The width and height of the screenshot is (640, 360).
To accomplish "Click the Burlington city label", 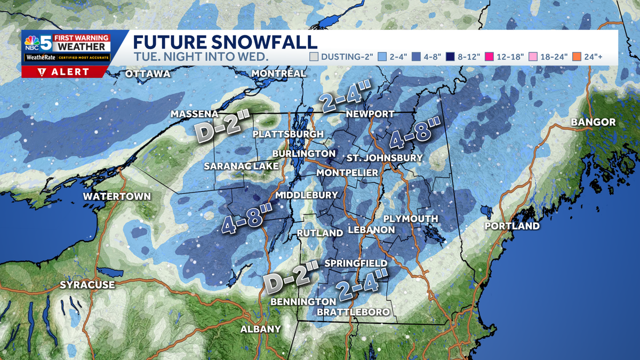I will [303, 154].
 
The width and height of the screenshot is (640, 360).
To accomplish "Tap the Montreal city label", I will [278, 73].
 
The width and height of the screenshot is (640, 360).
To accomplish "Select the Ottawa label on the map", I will [147, 74].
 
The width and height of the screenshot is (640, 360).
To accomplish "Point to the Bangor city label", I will [593, 122].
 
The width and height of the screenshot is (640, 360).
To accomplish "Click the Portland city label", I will [512, 226].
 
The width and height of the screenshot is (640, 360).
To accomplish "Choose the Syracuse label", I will [87, 285].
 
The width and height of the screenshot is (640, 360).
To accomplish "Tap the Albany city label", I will [260, 329].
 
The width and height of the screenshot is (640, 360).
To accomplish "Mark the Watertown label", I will [117, 197].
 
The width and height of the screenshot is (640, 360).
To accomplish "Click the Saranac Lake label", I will [241, 166].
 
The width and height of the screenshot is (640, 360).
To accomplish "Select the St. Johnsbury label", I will [385, 158].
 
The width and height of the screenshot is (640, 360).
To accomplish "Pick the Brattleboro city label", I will [353, 312].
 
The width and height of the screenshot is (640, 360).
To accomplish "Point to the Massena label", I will [195, 114].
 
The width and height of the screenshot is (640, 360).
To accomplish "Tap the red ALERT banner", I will [64, 72].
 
